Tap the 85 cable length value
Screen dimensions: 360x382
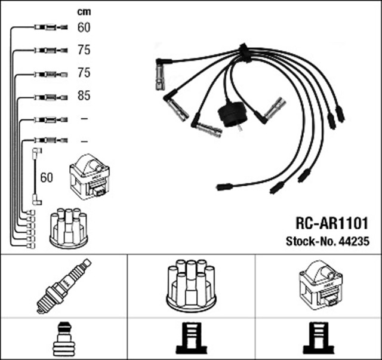click(x=84, y=95)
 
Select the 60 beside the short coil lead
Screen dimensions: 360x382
click(x=47, y=177)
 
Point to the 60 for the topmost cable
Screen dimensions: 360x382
click(x=84, y=27)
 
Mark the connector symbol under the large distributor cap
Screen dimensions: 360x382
click(x=192, y=338)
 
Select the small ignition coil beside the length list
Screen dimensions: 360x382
click(x=90, y=177)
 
